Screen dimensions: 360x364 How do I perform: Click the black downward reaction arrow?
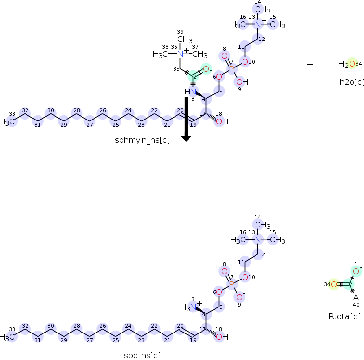click(x=186, y=118)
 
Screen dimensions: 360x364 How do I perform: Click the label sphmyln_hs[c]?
click(x=142, y=140)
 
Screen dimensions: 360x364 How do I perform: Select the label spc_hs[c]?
click(x=142, y=356)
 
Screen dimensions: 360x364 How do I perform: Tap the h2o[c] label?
click(x=351, y=82)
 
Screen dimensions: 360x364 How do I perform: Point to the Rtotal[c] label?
click(x=344, y=316)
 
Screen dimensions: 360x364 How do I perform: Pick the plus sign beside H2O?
click(x=310, y=64)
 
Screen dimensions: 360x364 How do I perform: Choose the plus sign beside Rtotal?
click(x=310, y=280)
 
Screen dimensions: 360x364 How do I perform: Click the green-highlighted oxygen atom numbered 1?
click(x=206, y=69)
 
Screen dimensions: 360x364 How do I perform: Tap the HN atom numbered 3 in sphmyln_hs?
click(x=191, y=92)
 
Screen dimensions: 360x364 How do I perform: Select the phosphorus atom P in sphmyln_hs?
click(x=232, y=69)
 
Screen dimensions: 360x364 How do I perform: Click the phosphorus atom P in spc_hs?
click(x=232, y=284)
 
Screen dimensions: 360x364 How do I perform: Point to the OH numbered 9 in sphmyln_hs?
click(x=242, y=82)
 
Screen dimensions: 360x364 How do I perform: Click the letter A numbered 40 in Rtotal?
click(x=356, y=297)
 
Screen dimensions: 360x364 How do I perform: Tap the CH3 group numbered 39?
click(x=185, y=40)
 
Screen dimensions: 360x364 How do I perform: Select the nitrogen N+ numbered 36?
click(x=180, y=54)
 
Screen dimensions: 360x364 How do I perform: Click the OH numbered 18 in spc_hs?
click(x=222, y=337)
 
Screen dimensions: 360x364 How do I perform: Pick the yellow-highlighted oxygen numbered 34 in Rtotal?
click(x=333, y=284)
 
